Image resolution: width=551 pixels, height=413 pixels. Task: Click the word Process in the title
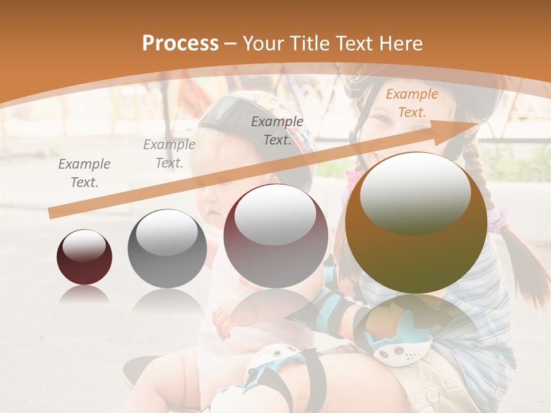click(180, 44)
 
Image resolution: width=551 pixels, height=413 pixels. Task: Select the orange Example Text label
click(412, 103)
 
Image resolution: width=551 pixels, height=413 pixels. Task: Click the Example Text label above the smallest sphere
click(84, 173)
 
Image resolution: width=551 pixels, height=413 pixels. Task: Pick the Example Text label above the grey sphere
click(169, 153)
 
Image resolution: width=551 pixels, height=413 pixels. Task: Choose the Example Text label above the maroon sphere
click(277, 130)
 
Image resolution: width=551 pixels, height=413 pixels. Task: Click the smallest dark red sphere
click(84, 257)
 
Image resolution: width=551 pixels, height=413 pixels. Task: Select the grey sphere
click(167, 248)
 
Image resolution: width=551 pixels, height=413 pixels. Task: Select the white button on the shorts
click(432, 395)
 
